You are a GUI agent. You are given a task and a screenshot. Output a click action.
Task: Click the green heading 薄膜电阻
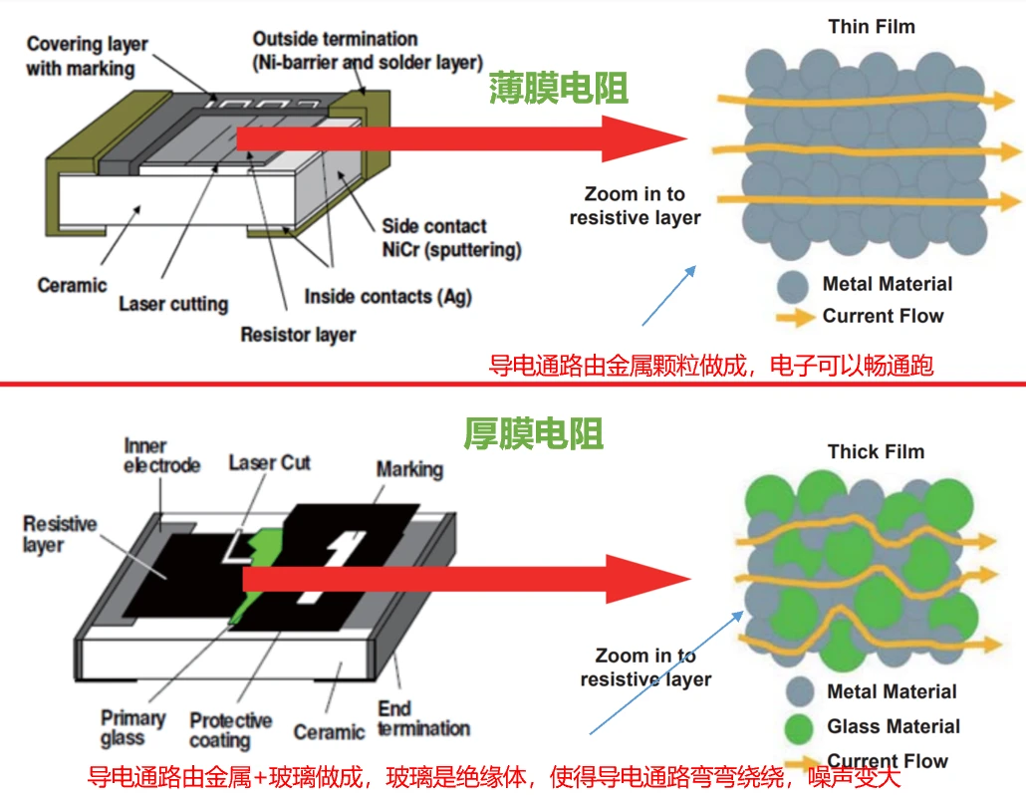click(558, 90)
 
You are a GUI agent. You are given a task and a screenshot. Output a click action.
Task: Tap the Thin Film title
click(871, 26)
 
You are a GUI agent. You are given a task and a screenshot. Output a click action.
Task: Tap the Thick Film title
click(876, 451)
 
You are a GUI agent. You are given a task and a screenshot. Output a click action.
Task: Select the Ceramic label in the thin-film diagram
click(72, 285)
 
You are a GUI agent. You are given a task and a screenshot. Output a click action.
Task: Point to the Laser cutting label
click(173, 304)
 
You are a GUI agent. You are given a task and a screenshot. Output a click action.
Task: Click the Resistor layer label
click(298, 334)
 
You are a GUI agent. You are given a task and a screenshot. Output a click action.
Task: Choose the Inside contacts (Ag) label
click(387, 296)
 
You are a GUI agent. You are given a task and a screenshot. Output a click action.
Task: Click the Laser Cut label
click(269, 462)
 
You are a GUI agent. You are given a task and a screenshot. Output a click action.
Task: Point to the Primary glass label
click(132, 728)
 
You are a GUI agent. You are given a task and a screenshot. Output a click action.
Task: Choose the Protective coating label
click(230, 730)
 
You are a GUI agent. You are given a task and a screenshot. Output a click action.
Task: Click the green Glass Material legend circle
click(801, 726)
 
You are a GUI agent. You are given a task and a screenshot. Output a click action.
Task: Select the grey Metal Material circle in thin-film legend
click(793, 286)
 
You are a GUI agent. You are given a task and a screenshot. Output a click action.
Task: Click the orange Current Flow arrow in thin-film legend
click(794, 318)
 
